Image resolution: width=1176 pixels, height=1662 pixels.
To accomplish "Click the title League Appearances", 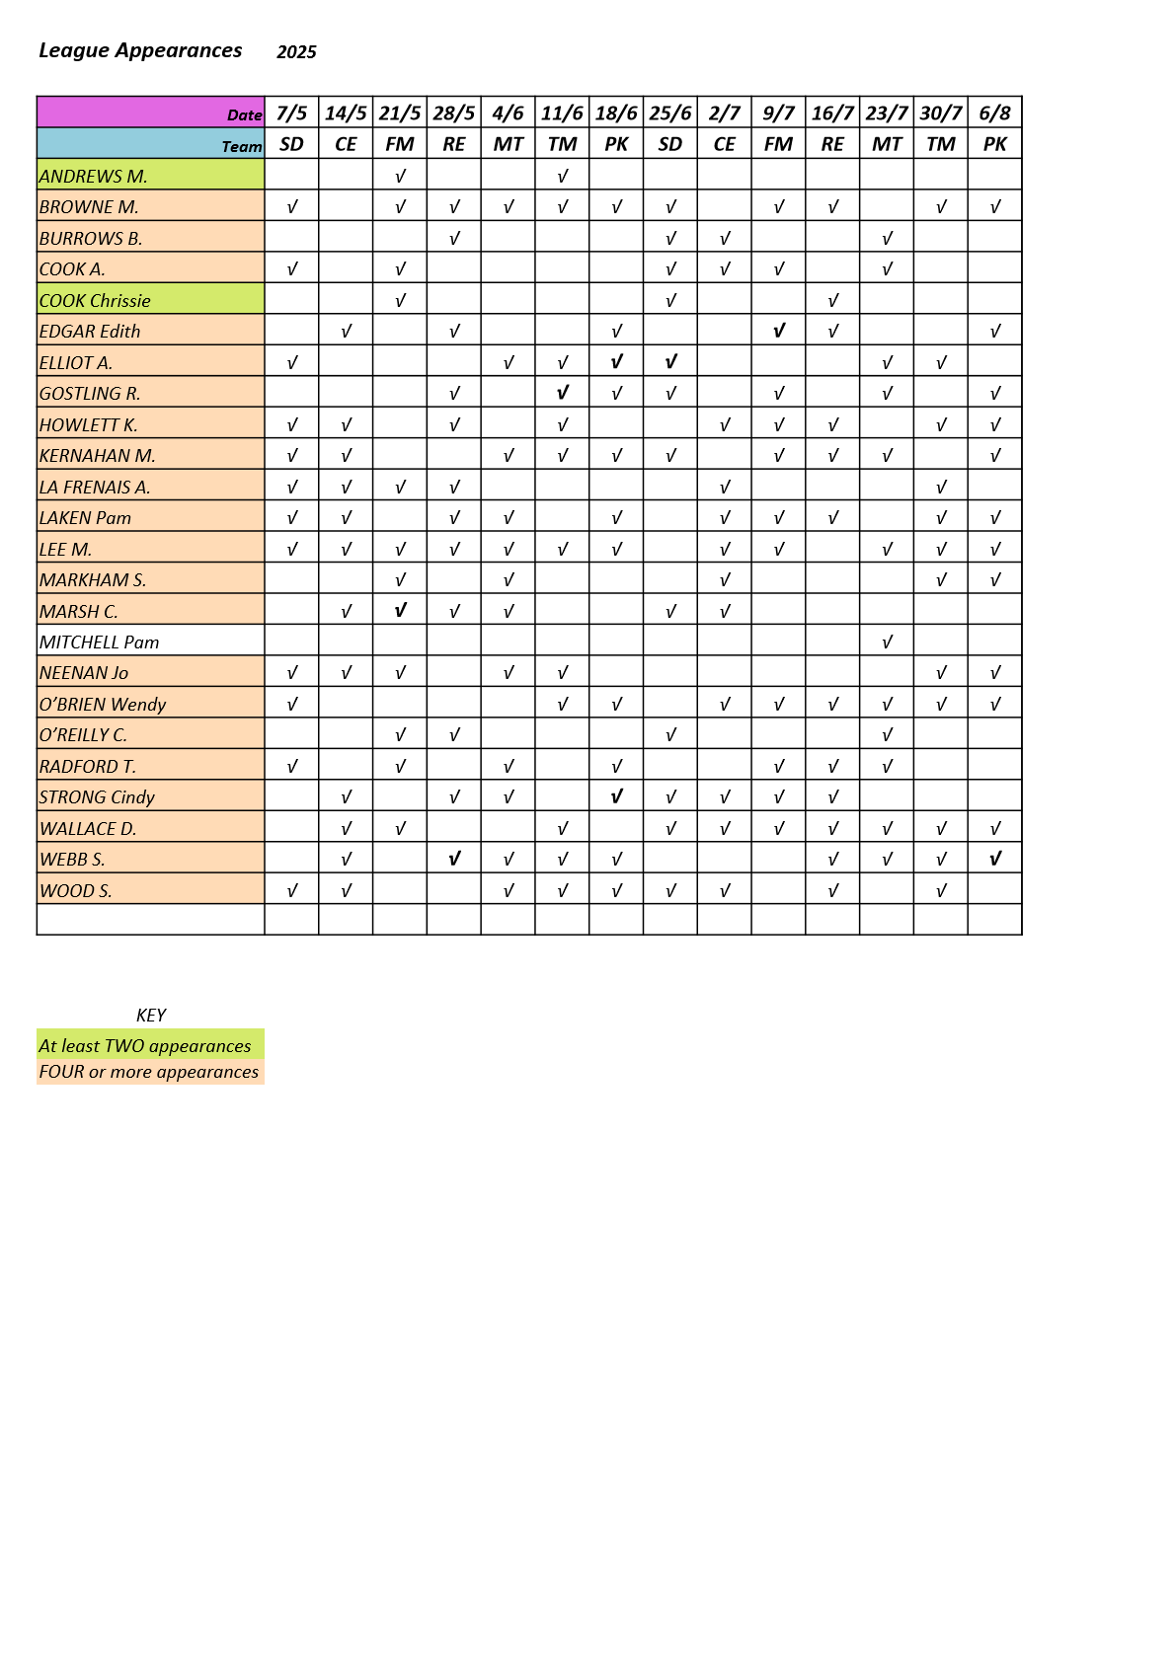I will pyautogui.click(x=140, y=51).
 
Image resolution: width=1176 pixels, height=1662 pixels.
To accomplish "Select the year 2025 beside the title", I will pyautogui.click(x=296, y=52).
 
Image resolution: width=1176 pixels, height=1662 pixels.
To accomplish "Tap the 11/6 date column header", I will pyautogui.click(x=562, y=113).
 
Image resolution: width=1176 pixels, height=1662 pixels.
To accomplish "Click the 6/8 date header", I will pyautogui.click(x=994, y=113).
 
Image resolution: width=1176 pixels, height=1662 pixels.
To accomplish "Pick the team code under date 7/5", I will pyautogui.click(x=291, y=144).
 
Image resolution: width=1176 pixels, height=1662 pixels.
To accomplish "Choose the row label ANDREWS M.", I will pyautogui.click(x=94, y=177).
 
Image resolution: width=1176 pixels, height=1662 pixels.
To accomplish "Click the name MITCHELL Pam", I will pyautogui.click(x=100, y=642).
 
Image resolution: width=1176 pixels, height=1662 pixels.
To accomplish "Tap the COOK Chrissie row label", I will pyautogui.click(x=96, y=301).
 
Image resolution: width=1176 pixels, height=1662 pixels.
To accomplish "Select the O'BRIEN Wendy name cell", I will pyautogui.click(x=103, y=705).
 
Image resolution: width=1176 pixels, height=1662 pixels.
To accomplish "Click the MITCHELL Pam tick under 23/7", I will pyautogui.click(x=887, y=642).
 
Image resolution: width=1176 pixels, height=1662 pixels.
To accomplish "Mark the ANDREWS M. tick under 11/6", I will pyautogui.click(x=562, y=177).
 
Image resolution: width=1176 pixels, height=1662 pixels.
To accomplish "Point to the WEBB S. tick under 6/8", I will pyautogui.click(x=994, y=860).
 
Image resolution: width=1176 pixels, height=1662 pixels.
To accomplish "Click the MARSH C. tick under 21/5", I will pyautogui.click(x=400, y=611).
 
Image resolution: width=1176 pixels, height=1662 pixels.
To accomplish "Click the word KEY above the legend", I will pyautogui.click(x=151, y=1016).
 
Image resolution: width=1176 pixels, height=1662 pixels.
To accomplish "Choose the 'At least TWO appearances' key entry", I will pyautogui.click(x=145, y=1046).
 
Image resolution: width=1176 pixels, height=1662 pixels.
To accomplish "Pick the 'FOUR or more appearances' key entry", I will pyautogui.click(x=149, y=1072).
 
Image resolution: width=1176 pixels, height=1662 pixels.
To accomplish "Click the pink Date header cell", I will pyautogui.click(x=150, y=113).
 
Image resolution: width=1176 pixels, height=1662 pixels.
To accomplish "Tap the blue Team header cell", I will pyautogui.click(x=150, y=144).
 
